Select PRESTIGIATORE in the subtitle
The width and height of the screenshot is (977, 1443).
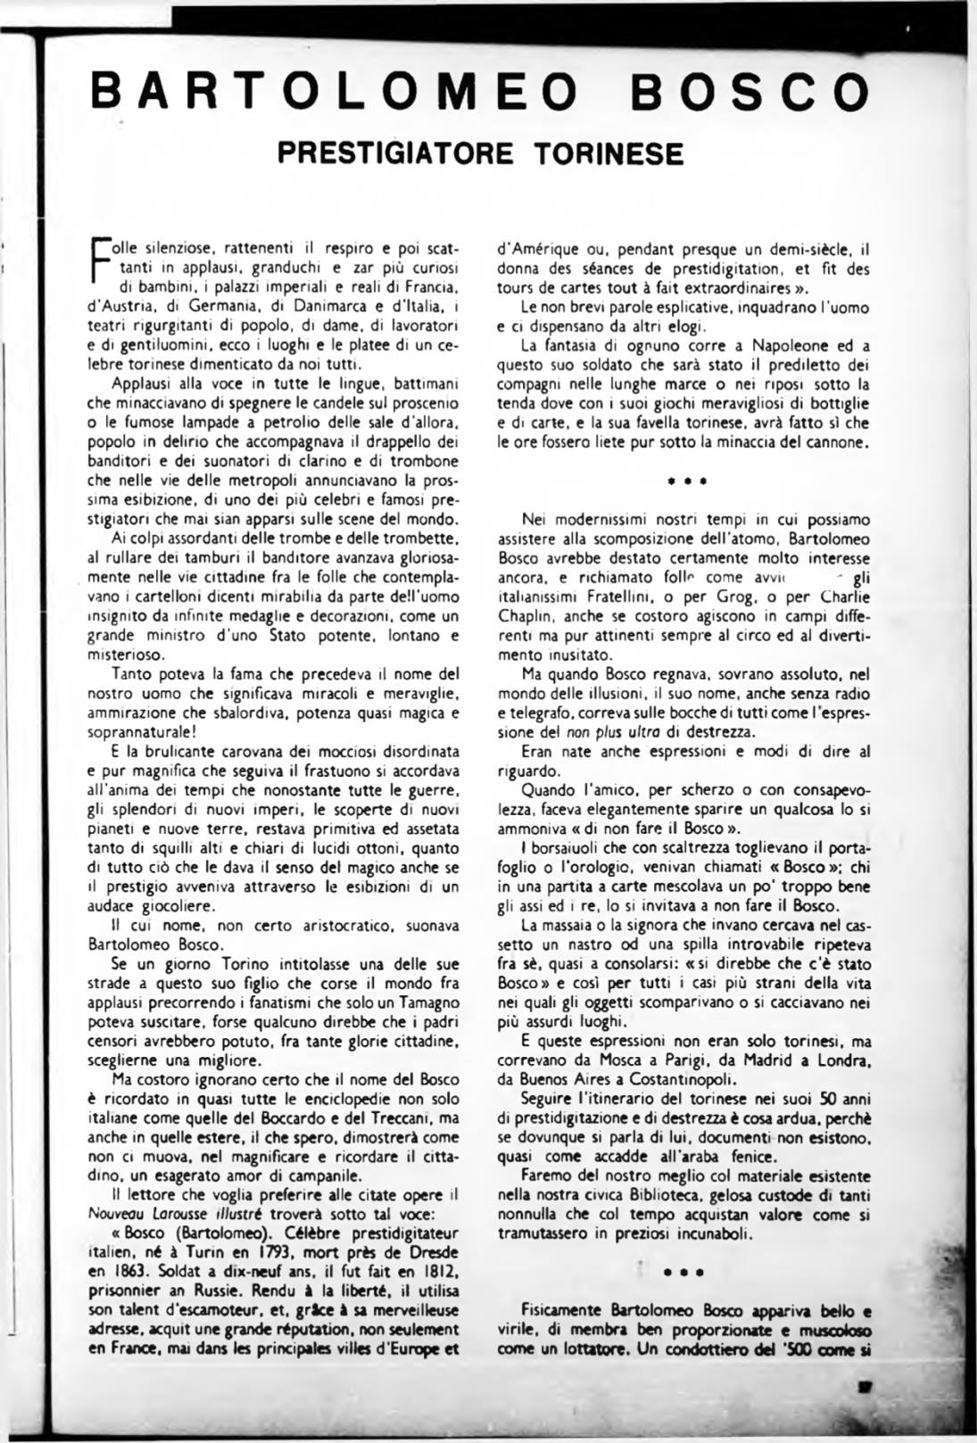[x=395, y=153]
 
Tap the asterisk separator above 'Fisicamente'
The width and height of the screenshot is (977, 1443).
[x=686, y=1273]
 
